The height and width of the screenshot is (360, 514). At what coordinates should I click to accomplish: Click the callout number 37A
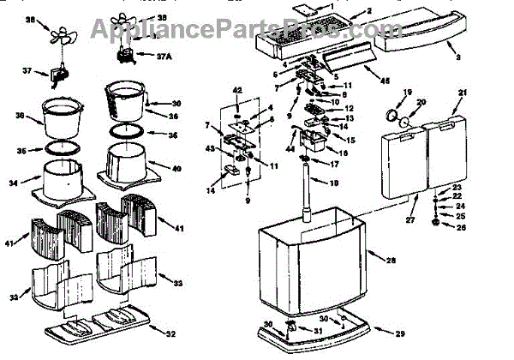pos(163,57)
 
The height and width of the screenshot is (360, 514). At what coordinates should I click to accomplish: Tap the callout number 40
pos(177,169)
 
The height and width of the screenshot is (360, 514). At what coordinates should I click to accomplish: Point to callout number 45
pos(384,81)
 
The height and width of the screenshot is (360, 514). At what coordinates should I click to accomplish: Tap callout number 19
pos(407,91)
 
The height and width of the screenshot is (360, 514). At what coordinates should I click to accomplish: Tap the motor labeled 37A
pos(128,55)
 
